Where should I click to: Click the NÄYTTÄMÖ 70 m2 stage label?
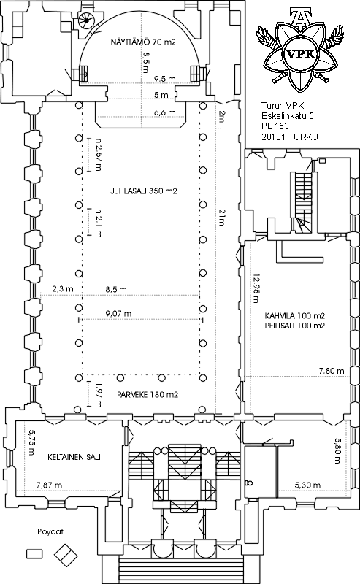142,42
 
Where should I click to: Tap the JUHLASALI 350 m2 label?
143,191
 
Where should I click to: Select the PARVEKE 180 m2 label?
148,394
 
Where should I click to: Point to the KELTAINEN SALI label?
74,457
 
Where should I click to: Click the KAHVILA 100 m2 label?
295,316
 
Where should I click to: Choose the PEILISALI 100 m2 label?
295,326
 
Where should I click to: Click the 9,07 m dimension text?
118,314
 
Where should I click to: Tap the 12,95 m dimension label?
256,288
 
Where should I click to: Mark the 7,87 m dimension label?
49,485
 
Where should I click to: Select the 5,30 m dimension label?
307,485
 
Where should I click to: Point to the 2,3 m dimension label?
63,288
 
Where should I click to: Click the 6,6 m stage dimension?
165,112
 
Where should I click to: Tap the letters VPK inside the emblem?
301,55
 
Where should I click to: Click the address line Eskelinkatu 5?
287,116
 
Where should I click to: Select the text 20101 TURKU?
290,137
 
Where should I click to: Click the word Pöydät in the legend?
50,531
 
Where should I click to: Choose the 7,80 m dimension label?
332,371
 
